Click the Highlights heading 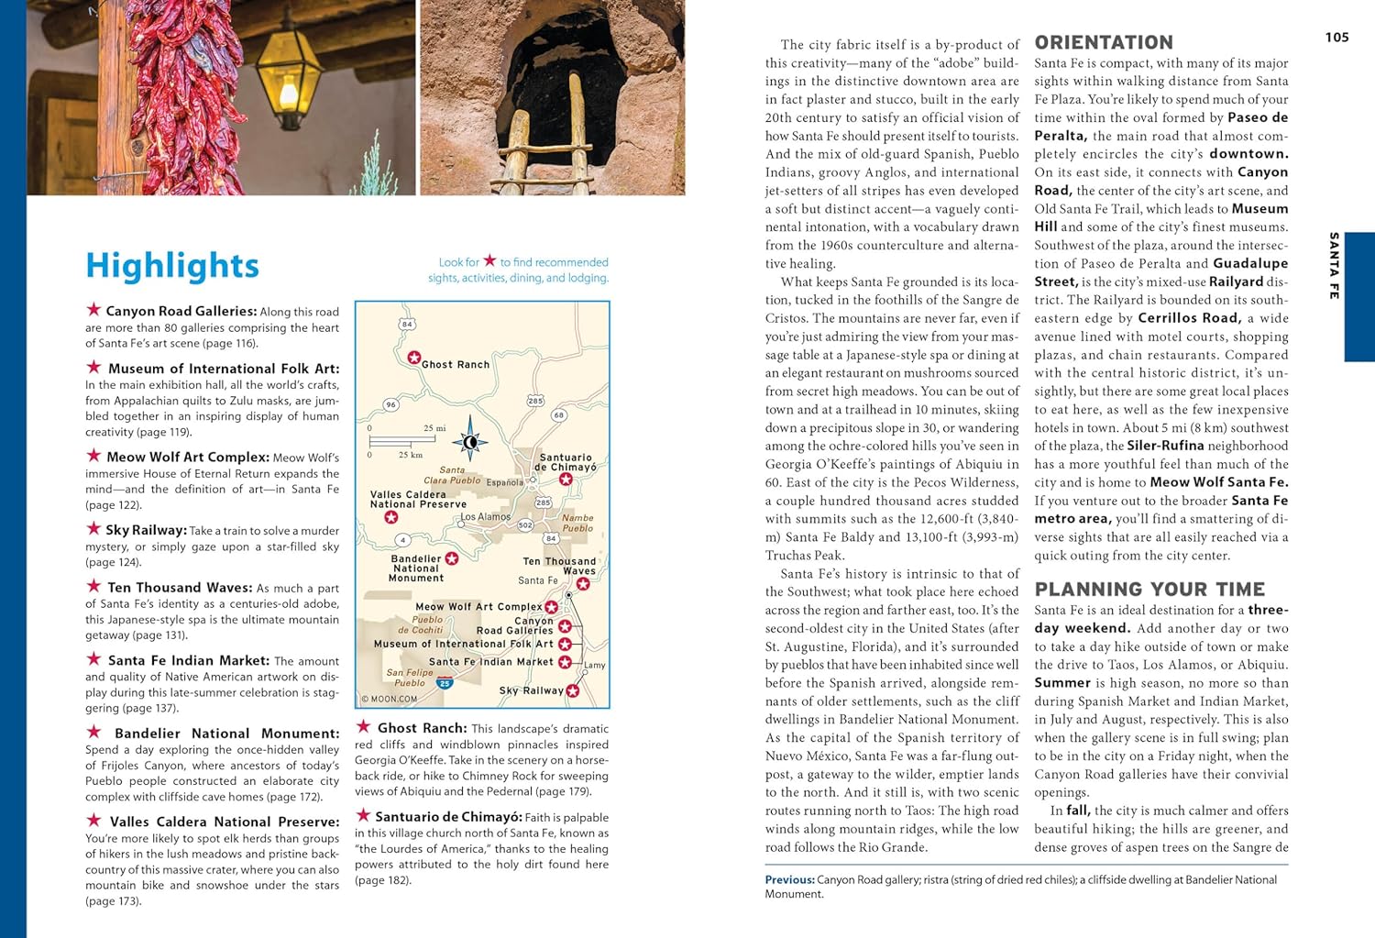coord(172,266)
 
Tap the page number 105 coord(1336,38)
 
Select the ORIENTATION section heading coord(1104,42)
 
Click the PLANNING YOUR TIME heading coord(1149,590)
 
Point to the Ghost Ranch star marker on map coord(414,358)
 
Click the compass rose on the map coord(470,442)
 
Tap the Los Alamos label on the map coord(485,517)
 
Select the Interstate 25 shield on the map coord(445,683)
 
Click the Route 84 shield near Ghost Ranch coord(407,324)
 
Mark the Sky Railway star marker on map coord(573,691)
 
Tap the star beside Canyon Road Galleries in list coord(93,310)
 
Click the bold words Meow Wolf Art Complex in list coord(188,457)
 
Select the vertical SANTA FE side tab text coord(1334,266)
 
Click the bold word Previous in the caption coord(789,879)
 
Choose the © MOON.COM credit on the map coord(390,699)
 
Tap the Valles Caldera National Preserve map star coord(391,518)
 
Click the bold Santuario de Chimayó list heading coord(448,817)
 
